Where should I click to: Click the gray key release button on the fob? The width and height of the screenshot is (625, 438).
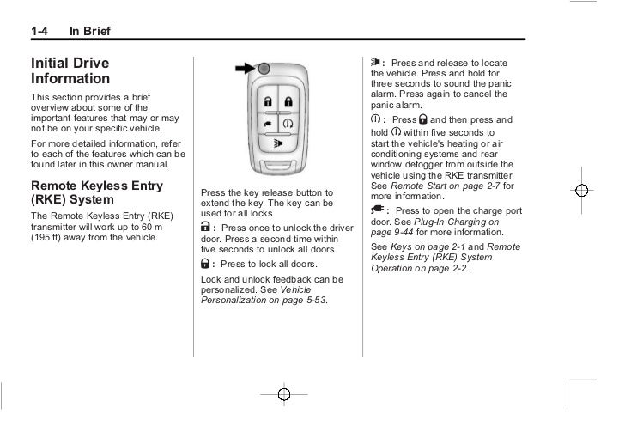[264, 68]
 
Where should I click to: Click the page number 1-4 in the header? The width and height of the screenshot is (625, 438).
[39, 33]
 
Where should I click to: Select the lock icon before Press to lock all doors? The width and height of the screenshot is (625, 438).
[204, 263]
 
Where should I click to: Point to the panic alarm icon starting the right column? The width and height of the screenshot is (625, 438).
[375, 63]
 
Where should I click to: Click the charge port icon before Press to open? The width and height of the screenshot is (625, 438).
[375, 210]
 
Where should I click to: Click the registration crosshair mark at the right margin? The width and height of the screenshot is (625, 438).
[581, 191]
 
